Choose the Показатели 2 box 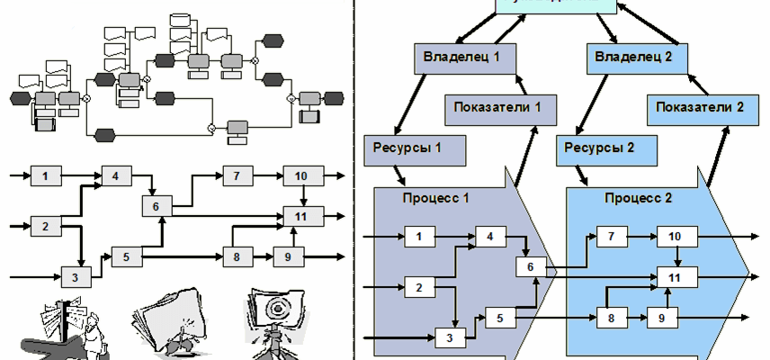click(x=699, y=107)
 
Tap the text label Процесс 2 click(x=638, y=197)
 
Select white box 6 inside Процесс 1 click(x=530, y=266)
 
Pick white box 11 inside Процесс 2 click(x=672, y=278)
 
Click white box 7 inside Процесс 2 click(x=611, y=238)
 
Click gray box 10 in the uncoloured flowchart click(x=301, y=175)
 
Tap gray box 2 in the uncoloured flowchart click(x=45, y=225)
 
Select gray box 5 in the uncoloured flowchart click(x=127, y=256)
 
